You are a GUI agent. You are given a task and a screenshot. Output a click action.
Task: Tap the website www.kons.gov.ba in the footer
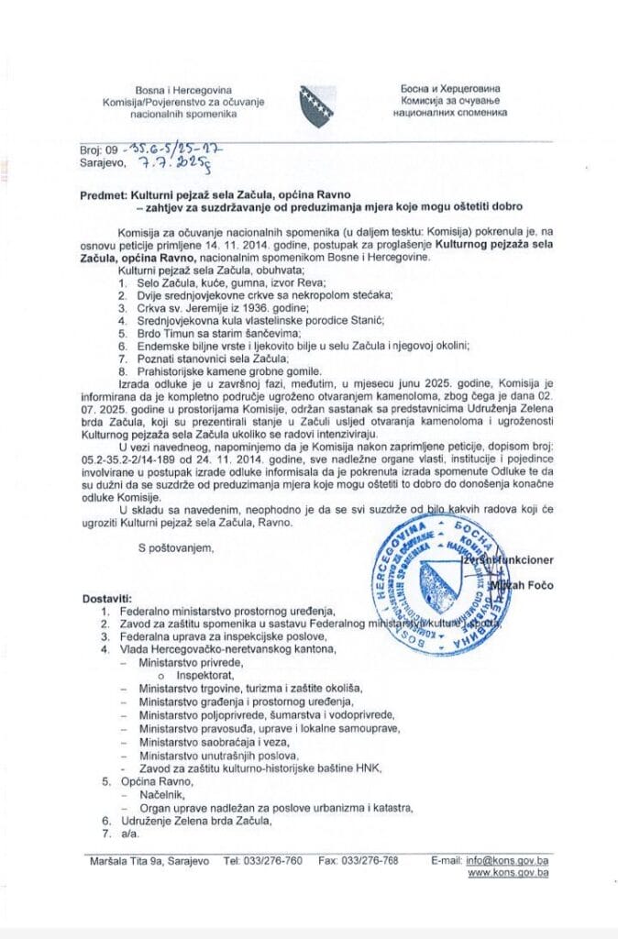[508, 874]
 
